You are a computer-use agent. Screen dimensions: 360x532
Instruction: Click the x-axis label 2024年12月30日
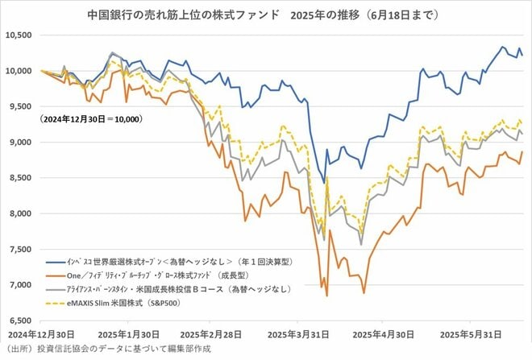click(41, 333)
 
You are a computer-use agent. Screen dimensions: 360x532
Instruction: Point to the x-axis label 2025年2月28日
click(212, 333)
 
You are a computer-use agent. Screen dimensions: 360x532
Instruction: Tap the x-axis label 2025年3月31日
click(299, 333)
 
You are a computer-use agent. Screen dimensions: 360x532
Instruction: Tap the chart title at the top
click(265, 14)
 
